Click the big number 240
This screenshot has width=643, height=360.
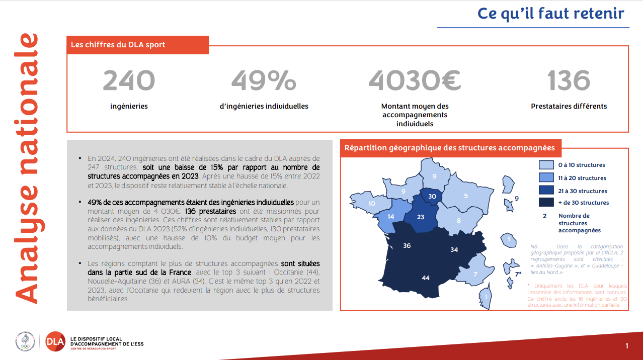129,80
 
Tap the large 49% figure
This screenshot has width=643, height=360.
264,80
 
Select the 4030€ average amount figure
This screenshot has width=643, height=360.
415,80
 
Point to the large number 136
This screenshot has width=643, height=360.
569,80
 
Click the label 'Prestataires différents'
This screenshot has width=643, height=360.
569,106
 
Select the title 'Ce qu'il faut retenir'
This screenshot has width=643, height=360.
550,14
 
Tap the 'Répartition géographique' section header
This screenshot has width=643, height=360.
450,148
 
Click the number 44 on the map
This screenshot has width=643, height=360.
426,278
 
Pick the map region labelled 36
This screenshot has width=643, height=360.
407,246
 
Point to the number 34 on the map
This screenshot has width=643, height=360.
454,249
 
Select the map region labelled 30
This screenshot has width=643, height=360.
432,196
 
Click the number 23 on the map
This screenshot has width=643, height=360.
421,217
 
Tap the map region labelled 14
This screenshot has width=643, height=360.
390,216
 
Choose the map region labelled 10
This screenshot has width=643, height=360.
372,203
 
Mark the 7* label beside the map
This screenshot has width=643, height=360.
518,274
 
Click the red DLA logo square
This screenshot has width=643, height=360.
55,342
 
